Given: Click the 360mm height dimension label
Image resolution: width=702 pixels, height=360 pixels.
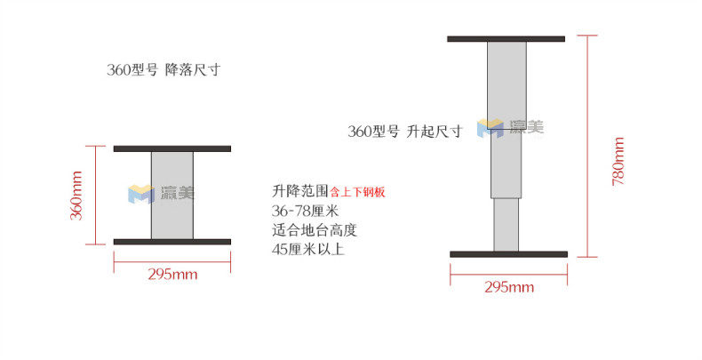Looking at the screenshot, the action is pyautogui.click(x=77, y=195).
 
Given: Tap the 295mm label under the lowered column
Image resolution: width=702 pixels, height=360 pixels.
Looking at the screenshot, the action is pyautogui.click(x=172, y=274).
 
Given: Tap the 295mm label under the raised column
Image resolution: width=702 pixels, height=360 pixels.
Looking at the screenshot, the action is pyautogui.click(x=509, y=287).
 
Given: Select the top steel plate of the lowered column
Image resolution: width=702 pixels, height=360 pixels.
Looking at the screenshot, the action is pyautogui.click(x=172, y=148).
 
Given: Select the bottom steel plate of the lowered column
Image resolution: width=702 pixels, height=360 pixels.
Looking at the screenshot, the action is pyautogui.click(x=172, y=241).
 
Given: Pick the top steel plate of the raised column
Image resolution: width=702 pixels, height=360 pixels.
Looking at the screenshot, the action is pyautogui.click(x=506, y=38).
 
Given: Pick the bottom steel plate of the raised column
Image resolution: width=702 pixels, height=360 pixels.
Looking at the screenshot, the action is pyautogui.click(x=508, y=254).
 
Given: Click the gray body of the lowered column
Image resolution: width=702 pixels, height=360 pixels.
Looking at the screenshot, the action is pyautogui.click(x=172, y=194).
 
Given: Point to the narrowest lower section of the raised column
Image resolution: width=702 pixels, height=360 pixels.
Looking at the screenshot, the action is pyautogui.click(x=506, y=224).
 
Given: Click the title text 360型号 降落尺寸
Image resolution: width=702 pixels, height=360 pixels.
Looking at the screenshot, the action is pyautogui.click(x=163, y=70).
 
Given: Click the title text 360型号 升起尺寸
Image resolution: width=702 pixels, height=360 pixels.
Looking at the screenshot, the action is pyautogui.click(x=405, y=132).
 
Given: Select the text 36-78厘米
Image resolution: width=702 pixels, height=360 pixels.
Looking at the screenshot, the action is pyautogui.click(x=307, y=211).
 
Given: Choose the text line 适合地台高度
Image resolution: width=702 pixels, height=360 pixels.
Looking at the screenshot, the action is pyautogui.click(x=315, y=230).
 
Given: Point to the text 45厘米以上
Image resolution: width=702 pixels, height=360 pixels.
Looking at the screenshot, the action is pyautogui.click(x=307, y=250).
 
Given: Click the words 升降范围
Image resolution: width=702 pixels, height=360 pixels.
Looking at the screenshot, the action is pyautogui.click(x=300, y=191).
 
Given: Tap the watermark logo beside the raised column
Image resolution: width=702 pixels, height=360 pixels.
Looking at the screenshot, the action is pyautogui.click(x=509, y=127).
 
